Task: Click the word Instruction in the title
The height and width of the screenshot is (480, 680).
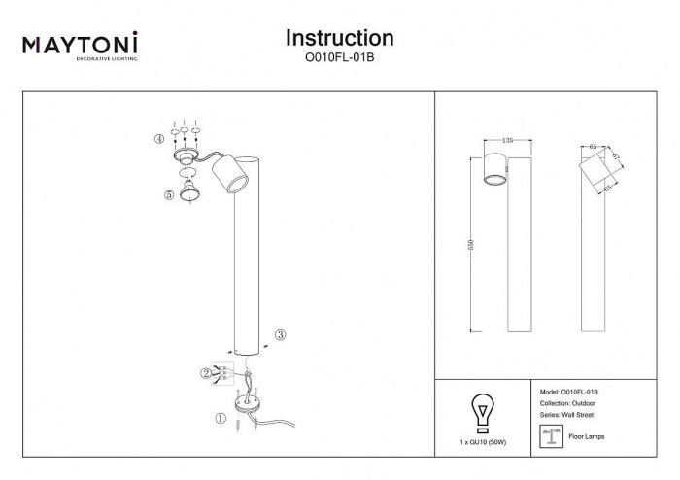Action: click(339, 38)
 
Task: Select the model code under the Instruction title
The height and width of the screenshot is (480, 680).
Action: click(339, 57)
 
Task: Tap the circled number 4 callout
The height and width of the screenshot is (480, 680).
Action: click(158, 139)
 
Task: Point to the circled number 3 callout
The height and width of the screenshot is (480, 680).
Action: click(280, 335)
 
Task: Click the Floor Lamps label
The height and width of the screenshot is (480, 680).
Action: click(586, 437)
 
